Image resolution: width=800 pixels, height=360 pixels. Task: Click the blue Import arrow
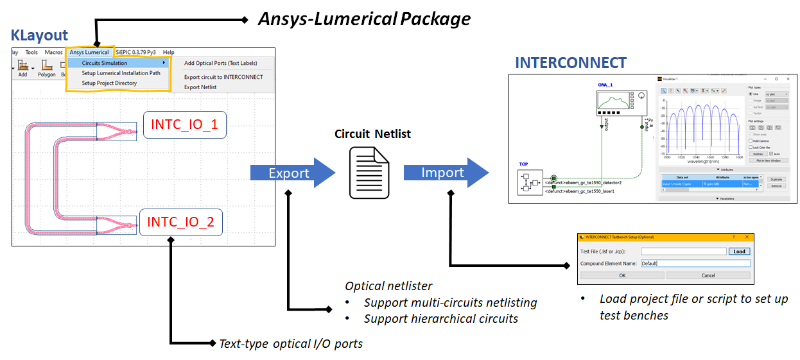coord(444,173)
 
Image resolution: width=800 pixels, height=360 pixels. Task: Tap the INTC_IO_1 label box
coord(184,124)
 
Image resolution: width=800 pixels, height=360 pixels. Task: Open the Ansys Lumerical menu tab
coord(89,52)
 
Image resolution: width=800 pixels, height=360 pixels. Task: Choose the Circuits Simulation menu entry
coord(105,63)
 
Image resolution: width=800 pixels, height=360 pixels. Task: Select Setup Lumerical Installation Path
coord(121,73)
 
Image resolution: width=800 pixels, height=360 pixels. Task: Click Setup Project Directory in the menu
coord(109,83)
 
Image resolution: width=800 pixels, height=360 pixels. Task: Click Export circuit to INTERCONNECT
coord(223,77)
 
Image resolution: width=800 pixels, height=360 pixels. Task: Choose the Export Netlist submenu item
coord(200,87)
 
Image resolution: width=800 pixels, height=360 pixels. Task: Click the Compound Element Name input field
coord(695,263)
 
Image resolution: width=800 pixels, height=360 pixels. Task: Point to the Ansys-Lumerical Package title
coord(364,19)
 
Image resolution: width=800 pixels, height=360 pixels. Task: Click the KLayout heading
coord(39,35)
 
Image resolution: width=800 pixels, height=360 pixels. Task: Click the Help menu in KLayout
coord(168,52)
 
